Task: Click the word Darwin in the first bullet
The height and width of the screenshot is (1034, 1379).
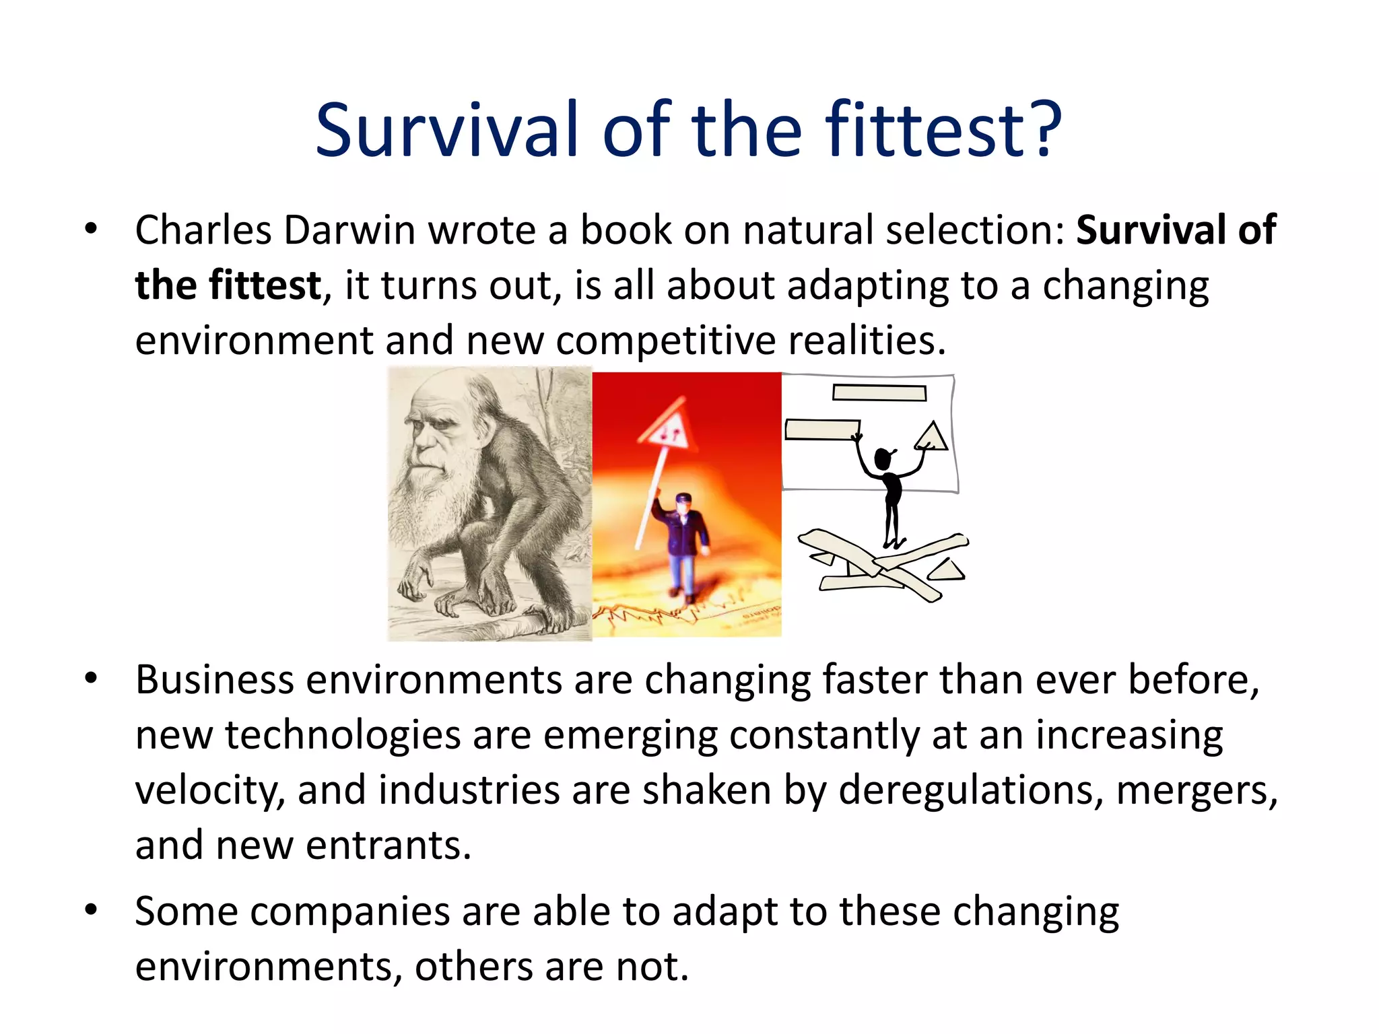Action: (x=349, y=230)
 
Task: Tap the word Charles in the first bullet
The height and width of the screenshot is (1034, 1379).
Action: (x=203, y=230)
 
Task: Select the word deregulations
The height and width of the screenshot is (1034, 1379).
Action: (x=970, y=790)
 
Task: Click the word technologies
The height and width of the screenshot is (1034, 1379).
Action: (x=343, y=735)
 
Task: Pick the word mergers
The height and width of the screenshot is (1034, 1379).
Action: (x=1197, y=790)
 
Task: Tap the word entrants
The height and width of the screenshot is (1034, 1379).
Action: (x=389, y=846)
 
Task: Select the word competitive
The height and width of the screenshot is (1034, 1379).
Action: (x=665, y=341)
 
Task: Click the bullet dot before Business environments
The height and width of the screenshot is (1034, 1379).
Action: (x=92, y=678)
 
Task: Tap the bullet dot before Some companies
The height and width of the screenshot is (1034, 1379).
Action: (x=92, y=910)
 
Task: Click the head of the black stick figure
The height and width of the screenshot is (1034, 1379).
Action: (x=883, y=459)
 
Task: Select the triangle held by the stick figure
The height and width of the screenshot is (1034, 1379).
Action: (x=932, y=437)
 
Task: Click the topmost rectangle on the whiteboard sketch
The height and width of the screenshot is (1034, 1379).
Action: (x=879, y=392)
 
